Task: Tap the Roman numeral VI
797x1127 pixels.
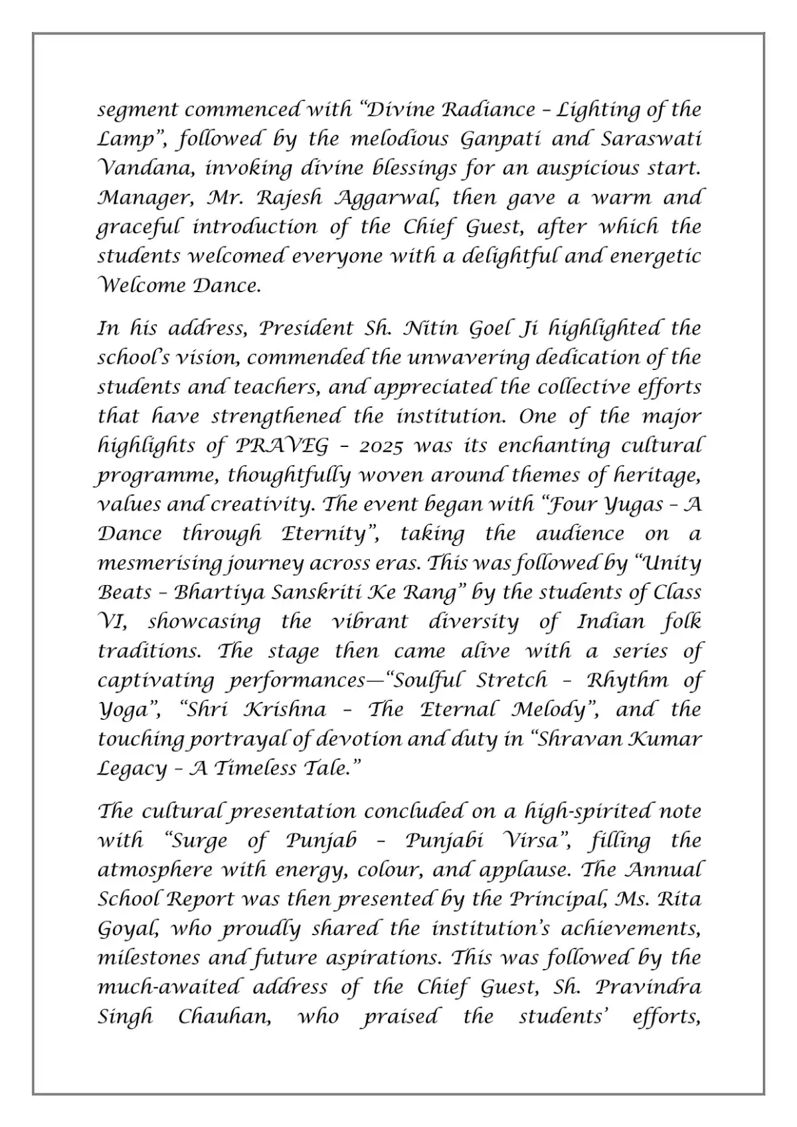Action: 112,622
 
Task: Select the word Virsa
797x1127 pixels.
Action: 537,840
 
